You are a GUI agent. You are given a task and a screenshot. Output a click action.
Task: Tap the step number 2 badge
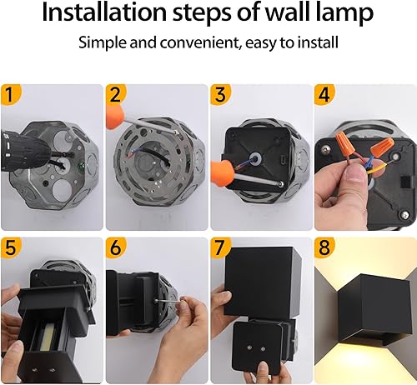coord(116,94)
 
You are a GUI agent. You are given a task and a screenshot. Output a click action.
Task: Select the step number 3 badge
coord(221,94)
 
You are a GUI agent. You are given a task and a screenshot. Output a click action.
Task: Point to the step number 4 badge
coord(325,94)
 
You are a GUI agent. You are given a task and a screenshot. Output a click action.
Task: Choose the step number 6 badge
coord(116,247)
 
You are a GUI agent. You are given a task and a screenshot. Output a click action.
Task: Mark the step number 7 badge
coord(221,247)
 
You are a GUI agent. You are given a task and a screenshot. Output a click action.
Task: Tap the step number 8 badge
coord(325,247)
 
